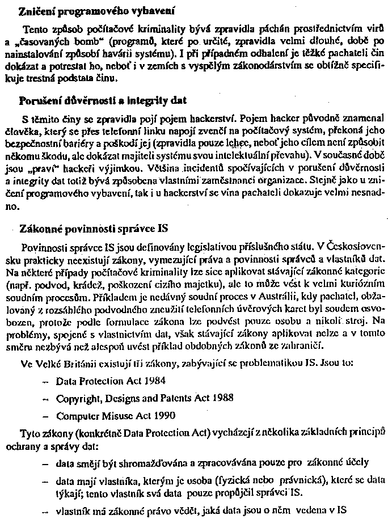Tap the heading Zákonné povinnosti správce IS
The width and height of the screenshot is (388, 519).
(x=94, y=230)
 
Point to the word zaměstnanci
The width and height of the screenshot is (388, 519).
(x=284, y=182)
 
